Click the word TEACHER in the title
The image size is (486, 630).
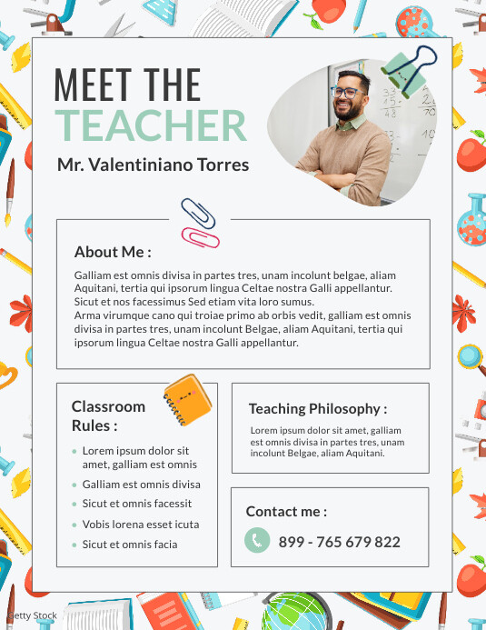point(150,125)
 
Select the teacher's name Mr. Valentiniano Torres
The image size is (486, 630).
point(152,165)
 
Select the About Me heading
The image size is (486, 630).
point(113,252)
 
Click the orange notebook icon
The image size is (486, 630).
point(188,398)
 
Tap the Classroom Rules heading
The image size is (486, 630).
point(108,415)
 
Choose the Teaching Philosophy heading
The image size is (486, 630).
point(318,409)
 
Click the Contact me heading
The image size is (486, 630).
point(286,512)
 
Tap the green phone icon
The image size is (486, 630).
point(257,541)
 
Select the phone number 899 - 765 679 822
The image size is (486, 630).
point(339,542)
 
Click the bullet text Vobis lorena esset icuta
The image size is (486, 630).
point(140,525)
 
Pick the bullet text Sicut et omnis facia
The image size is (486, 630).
point(130,545)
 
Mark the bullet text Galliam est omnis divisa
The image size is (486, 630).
point(141,485)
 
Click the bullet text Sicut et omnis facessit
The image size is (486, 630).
point(136,504)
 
